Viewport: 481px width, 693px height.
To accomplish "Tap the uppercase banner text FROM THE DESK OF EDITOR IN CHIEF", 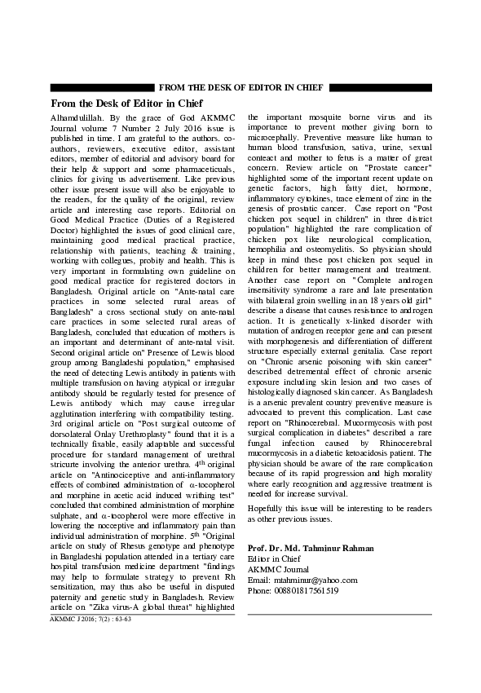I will pyautogui.click(x=240, y=87).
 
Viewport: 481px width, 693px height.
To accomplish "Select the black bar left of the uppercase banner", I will pyautogui.click(x=102, y=87).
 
